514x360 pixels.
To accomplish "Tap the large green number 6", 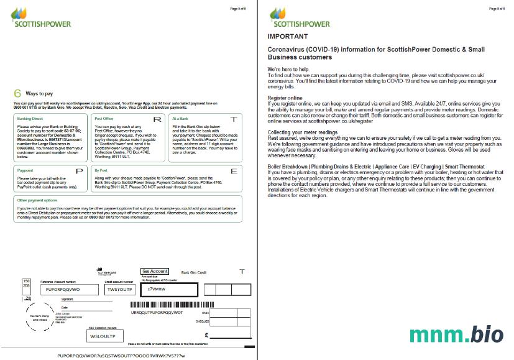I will point(17,93).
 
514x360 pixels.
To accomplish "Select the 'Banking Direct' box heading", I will point(30,118).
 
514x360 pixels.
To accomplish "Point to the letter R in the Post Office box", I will point(157,119).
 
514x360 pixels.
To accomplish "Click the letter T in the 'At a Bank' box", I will point(233,119).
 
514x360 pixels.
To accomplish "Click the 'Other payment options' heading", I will point(37,200).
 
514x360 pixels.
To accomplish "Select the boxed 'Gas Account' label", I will point(155,271).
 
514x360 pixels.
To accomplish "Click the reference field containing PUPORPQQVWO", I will point(63,289).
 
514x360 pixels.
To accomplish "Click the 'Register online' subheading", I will point(285,98).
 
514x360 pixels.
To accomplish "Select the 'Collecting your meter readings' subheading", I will point(302,132).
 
